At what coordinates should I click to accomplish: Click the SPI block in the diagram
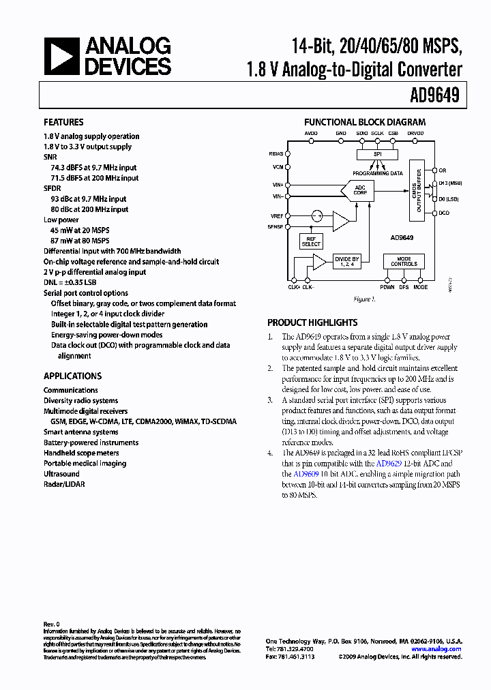377,155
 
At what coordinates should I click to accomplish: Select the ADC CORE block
359,190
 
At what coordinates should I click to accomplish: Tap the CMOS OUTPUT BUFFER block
416,190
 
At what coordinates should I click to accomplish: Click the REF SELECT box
311,241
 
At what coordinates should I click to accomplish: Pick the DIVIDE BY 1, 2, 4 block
346,261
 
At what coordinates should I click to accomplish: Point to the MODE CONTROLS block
404,261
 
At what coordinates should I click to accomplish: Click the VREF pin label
276,215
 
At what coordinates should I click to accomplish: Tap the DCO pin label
444,213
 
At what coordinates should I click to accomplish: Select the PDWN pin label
387,287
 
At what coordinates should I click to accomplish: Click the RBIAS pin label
276,153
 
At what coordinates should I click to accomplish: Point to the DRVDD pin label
415,134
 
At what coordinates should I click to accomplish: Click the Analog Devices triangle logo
61,57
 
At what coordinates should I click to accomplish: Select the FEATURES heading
63,122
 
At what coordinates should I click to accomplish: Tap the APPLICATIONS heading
72,376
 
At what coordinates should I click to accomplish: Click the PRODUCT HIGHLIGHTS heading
312,322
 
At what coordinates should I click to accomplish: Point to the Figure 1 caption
363,299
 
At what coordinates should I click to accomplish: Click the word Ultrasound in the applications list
61,474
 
